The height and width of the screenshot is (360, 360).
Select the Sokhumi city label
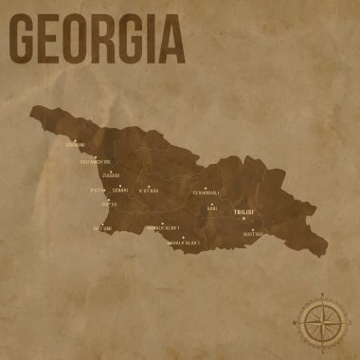click(x=74, y=145)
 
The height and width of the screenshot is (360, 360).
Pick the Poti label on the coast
click(x=96, y=189)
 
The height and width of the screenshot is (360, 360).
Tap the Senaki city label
click(x=119, y=190)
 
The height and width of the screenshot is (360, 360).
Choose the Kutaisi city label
click(x=148, y=190)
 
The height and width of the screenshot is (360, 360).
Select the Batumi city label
click(x=103, y=228)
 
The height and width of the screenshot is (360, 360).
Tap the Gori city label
click(x=212, y=208)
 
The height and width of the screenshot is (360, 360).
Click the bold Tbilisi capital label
click(x=243, y=214)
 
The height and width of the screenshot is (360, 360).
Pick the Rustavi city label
click(x=253, y=233)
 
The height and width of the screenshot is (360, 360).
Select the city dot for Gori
click(x=211, y=203)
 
